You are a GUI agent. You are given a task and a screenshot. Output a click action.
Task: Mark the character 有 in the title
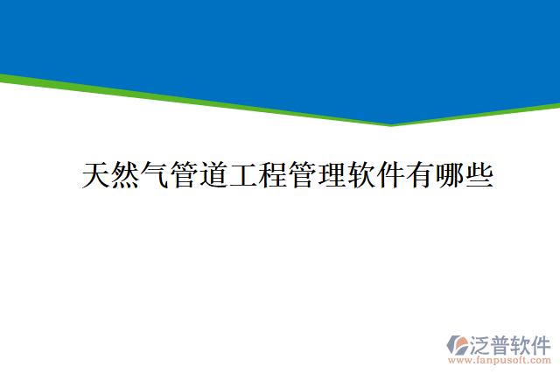420,175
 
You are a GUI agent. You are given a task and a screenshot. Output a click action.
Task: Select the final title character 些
479,175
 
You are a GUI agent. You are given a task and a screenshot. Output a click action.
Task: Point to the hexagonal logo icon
458,343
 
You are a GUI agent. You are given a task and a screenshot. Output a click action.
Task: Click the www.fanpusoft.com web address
500,359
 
